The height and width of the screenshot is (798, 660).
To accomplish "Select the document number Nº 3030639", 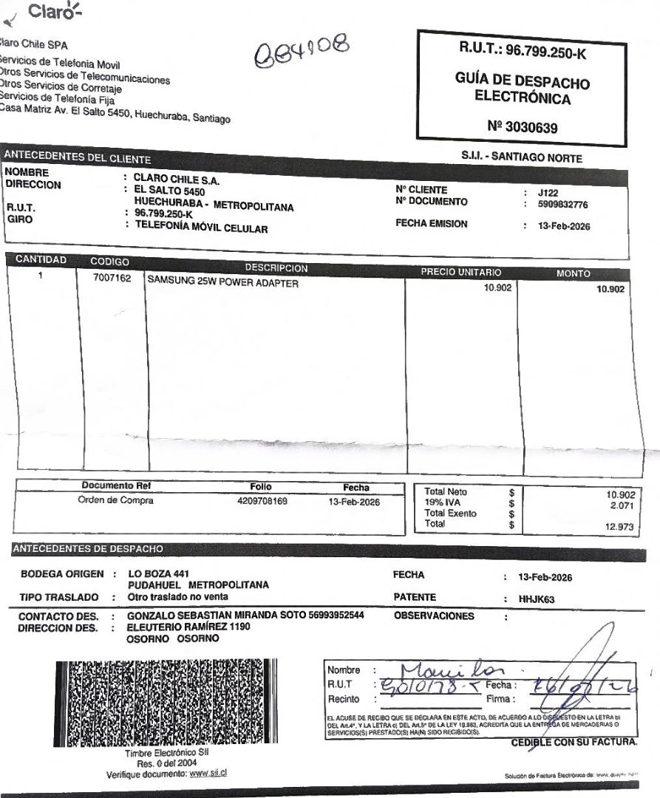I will coord(523,127).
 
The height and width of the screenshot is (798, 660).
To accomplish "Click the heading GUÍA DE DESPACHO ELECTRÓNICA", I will coord(522,89).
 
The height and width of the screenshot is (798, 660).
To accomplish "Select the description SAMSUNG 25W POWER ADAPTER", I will coord(223,282).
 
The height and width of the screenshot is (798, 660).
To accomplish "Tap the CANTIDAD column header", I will coord(41,260).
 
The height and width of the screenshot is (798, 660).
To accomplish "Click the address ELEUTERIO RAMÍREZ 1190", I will coord(189,627).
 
